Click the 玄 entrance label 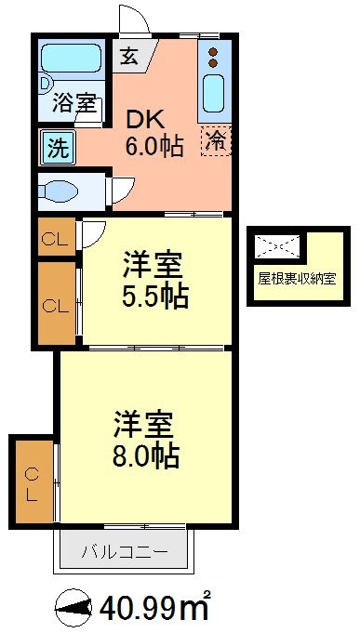pyautogui.click(x=127, y=55)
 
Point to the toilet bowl pyautogui.click(x=62, y=192)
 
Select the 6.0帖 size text pyautogui.click(x=153, y=146)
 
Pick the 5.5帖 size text pyautogui.click(x=154, y=297)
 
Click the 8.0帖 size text pyautogui.click(x=146, y=455)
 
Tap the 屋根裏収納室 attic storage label pyautogui.click(x=297, y=276)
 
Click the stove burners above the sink pyautogui.click(x=213, y=58)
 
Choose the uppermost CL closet pyautogui.click(x=55, y=239)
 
